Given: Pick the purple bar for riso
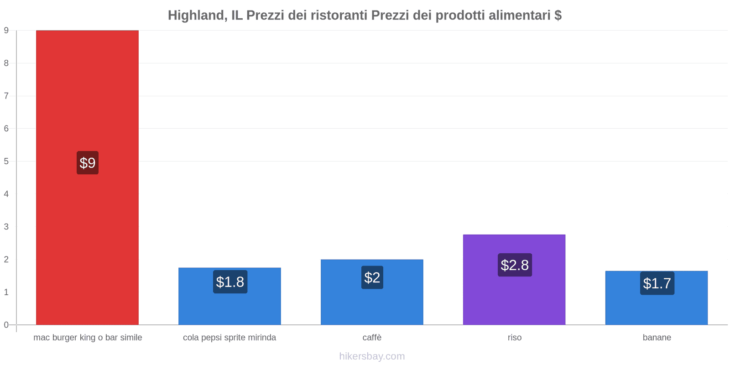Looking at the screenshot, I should click(x=514, y=297).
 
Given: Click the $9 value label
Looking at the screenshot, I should click(x=88, y=163).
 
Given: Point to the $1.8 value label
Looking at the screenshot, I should click(x=230, y=282).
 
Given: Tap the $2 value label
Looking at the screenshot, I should click(x=372, y=277).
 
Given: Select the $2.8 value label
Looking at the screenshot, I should click(x=515, y=265).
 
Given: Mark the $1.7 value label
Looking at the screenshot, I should click(x=657, y=283).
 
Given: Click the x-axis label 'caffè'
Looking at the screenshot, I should click(x=372, y=338).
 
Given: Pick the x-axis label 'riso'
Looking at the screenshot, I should click(x=515, y=338).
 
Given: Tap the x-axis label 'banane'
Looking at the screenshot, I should click(x=657, y=338).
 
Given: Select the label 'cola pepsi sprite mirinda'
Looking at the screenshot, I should click(x=229, y=338).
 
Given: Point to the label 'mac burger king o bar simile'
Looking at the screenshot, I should click(x=88, y=338).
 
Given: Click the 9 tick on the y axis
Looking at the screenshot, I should click(x=6, y=31).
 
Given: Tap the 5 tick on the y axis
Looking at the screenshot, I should click(x=6, y=162).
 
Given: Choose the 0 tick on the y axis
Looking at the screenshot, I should click(x=6, y=325).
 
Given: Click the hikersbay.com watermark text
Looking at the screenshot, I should click(x=372, y=356).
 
